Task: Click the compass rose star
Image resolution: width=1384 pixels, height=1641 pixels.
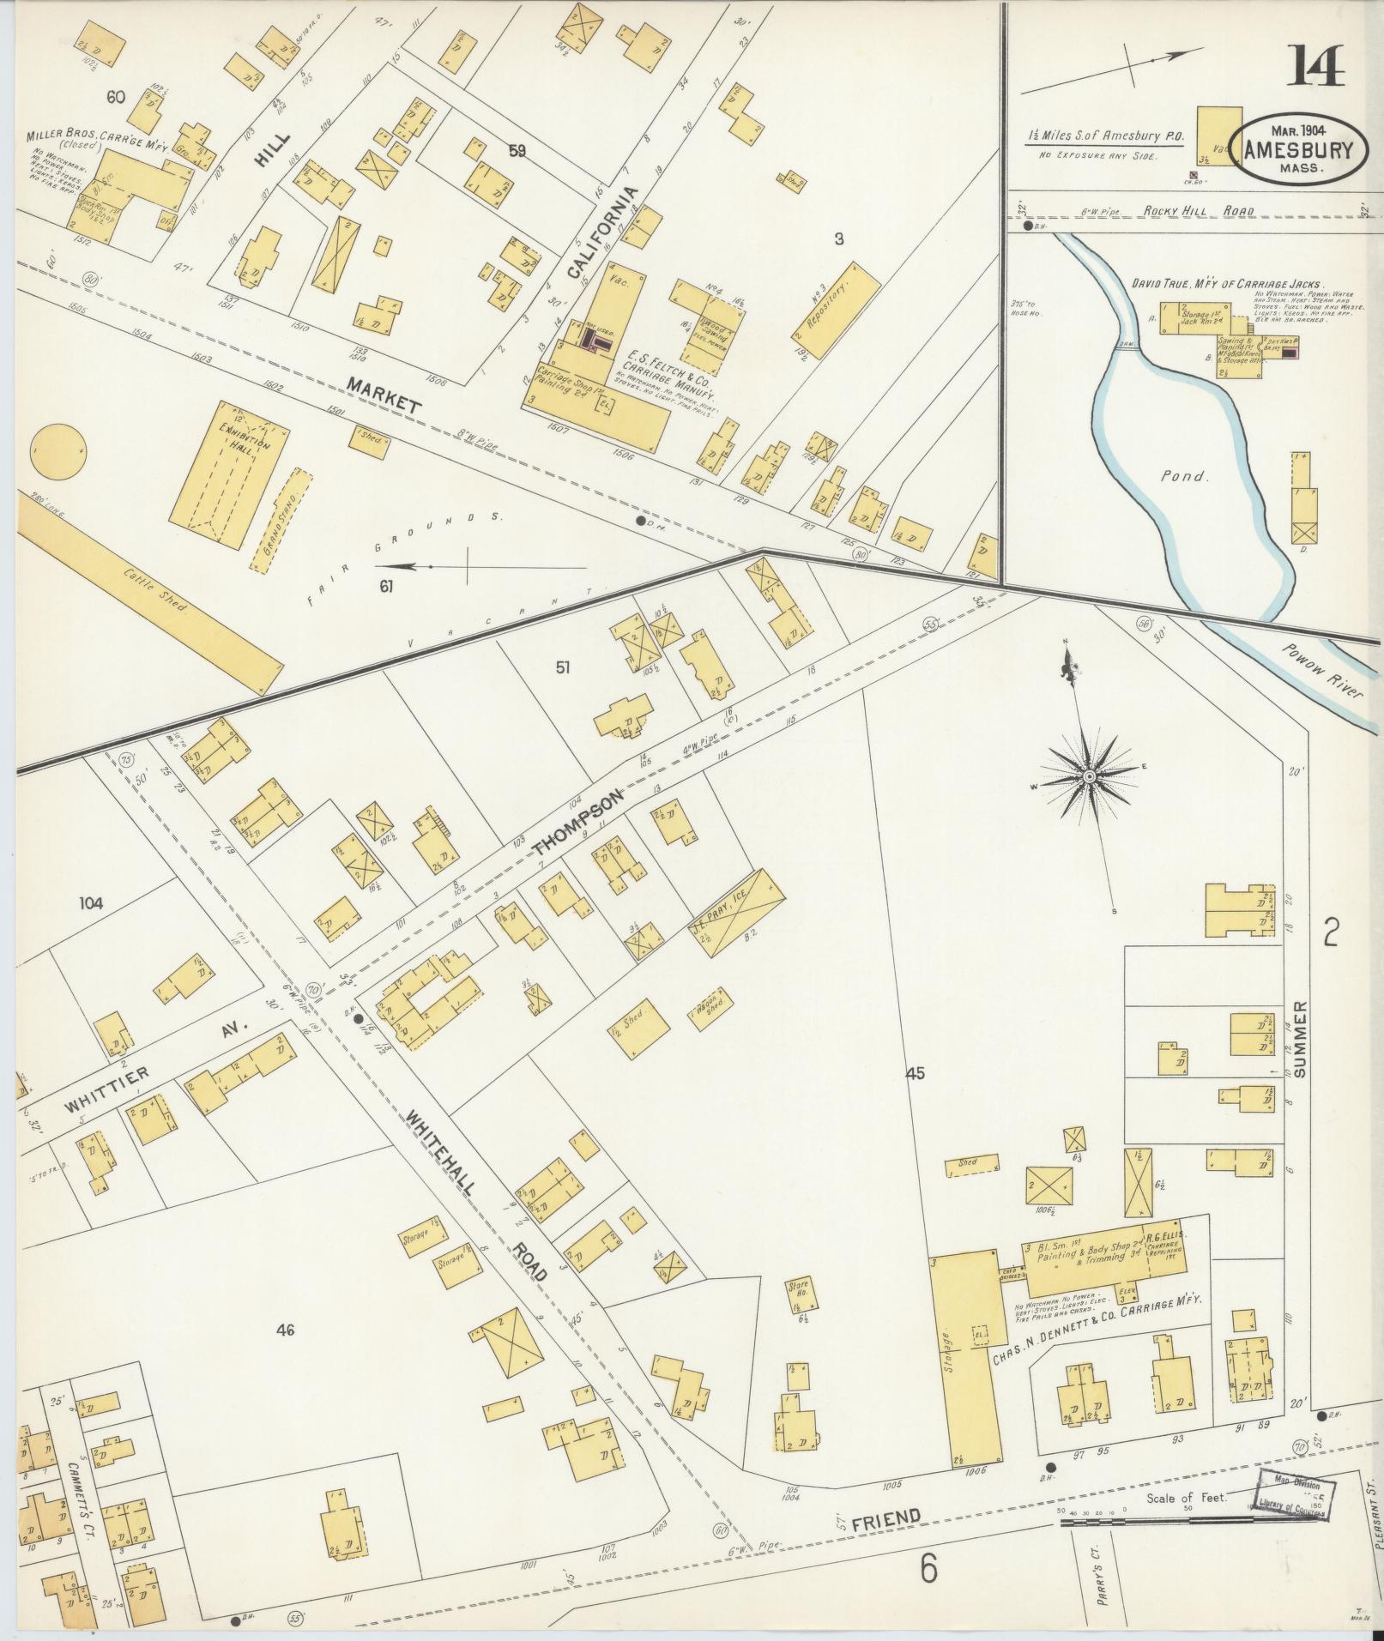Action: click(1088, 776)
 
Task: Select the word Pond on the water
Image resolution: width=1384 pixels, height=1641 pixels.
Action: click(1185, 477)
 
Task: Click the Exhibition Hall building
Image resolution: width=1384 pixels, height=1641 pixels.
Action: click(231, 474)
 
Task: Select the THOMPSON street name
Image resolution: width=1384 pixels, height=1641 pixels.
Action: click(576, 824)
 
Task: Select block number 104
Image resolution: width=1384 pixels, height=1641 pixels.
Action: click(91, 902)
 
